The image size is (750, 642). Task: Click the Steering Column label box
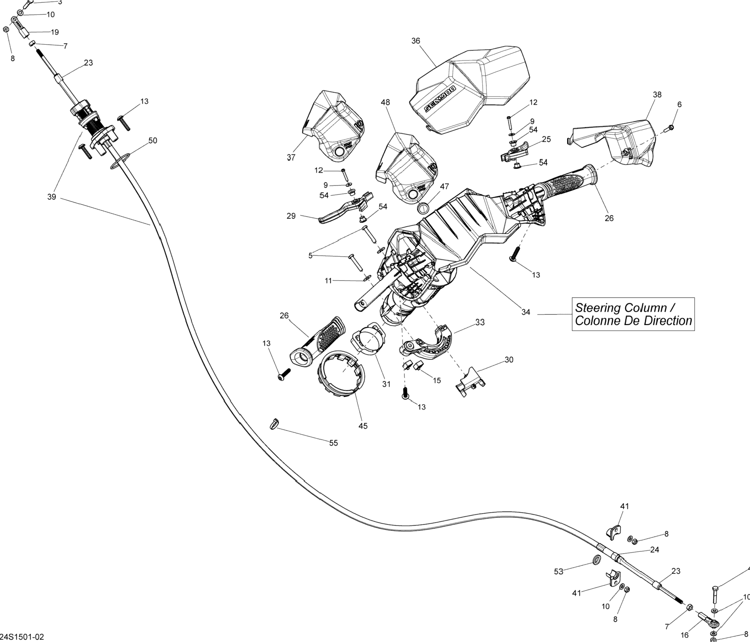pyautogui.click(x=633, y=314)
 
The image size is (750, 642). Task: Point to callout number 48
pyautogui.click(x=386, y=103)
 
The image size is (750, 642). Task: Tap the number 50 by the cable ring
pyautogui.click(x=153, y=141)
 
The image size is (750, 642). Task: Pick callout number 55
pyautogui.click(x=333, y=443)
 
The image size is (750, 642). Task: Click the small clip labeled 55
pyautogui.click(x=274, y=423)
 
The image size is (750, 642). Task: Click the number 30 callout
pyautogui.click(x=509, y=360)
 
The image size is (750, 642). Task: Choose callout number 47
pyautogui.click(x=444, y=186)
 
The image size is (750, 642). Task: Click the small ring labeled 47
pyautogui.click(x=423, y=209)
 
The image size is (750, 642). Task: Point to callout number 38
pyautogui.click(x=657, y=95)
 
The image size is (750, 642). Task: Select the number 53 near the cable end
pyautogui.click(x=559, y=571)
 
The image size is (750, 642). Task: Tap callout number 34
pyautogui.click(x=526, y=312)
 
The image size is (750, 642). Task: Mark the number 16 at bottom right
pyautogui.click(x=684, y=635)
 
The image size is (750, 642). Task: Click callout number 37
pyautogui.click(x=291, y=157)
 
